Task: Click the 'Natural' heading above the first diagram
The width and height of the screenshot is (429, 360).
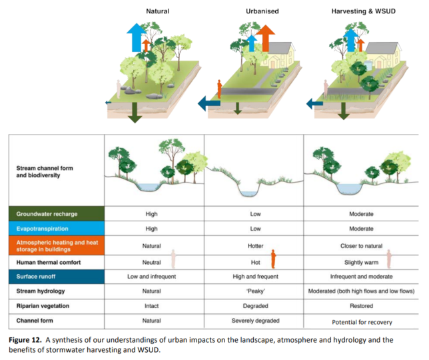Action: pyautogui.click(x=158, y=11)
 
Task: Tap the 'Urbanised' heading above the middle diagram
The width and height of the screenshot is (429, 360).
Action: pyautogui.click(x=253, y=11)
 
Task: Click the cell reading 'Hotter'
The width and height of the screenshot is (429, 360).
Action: pyautogui.click(x=254, y=246)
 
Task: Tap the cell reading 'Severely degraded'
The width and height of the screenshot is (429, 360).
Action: pyautogui.click(x=254, y=321)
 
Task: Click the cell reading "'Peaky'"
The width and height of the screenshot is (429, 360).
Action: pyautogui.click(x=254, y=291)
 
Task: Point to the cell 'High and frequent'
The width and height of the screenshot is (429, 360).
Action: pyautogui.click(x=254, y=276)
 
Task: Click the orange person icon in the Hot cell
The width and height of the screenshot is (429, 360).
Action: pyautogui.click(x=273, y=259)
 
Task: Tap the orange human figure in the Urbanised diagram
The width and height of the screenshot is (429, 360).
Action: pyautogui.click(x=219, y=89)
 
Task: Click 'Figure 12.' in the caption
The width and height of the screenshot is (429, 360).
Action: pyautogui.click(x=29, y=340)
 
